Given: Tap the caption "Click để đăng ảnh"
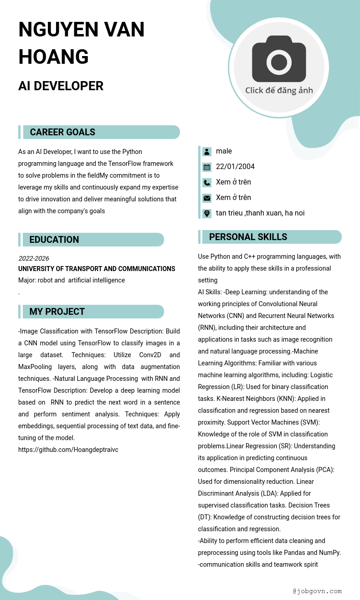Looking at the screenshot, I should [279, 90].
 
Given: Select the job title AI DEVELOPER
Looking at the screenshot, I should [61, 86].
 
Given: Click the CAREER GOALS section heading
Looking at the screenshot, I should [62, 132].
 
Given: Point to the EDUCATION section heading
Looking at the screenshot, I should [54, 240].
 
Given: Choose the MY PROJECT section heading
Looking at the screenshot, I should [57, 312].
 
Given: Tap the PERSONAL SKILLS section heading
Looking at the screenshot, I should [248, 237].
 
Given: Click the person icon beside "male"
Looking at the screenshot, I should [207, 152].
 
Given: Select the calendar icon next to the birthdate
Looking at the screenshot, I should [207, 167].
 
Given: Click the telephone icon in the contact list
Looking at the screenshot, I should [207, 183].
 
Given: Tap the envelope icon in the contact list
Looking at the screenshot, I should [207, 198].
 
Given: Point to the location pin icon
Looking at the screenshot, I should [207, 213].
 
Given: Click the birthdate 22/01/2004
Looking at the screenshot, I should [235, 167].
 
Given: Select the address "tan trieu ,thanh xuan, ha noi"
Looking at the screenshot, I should [260, 213].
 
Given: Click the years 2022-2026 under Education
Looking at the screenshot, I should [33, 258].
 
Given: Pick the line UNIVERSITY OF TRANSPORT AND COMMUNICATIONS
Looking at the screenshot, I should [97, 269].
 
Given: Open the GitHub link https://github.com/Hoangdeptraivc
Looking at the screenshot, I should [68, 450].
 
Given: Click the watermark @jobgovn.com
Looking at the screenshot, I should [317, 591].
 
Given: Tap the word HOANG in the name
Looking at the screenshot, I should [53, 56].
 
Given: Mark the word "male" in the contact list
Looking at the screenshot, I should [224, 151].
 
